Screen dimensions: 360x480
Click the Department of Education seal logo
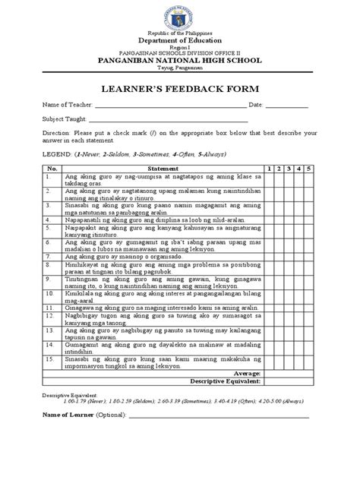[181, 16]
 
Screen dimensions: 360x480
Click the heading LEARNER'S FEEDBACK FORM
[181, 88]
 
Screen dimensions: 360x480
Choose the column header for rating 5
[309, 168]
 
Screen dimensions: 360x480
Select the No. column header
[52, 168]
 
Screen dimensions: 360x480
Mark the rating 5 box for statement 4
[309, 218]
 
